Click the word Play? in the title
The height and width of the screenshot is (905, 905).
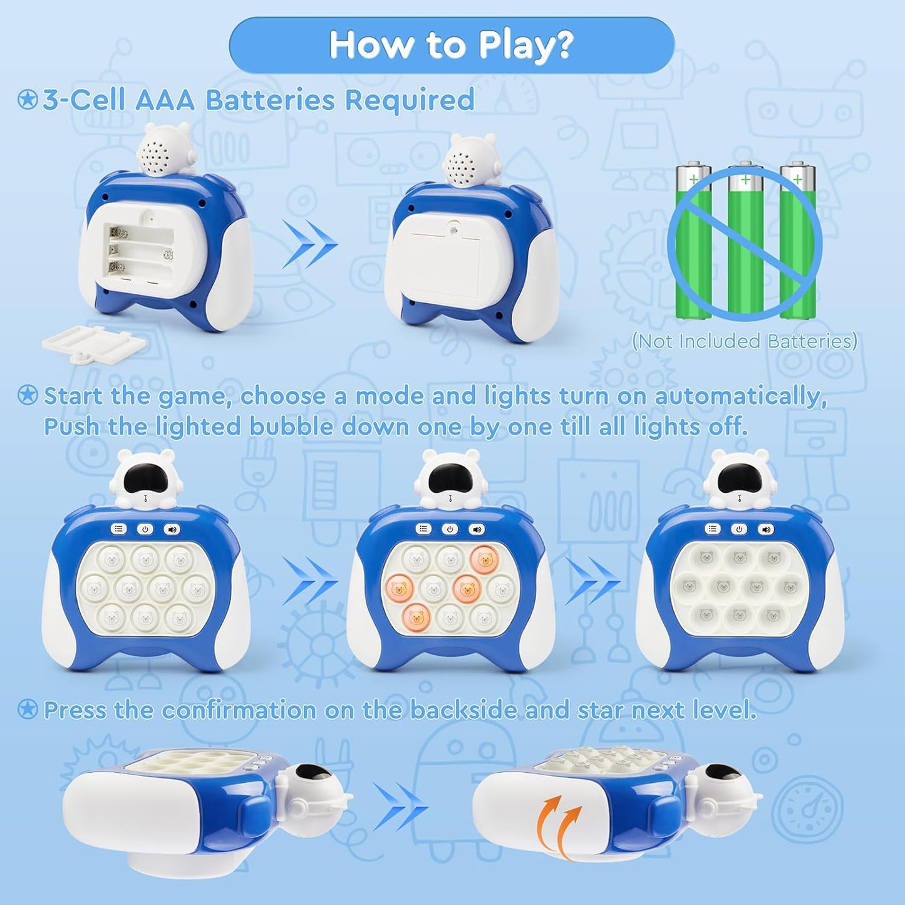click(x=525, y=45)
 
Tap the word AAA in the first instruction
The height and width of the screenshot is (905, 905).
click(x=165, y=100)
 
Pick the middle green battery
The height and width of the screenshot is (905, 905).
click(x=745, y=239)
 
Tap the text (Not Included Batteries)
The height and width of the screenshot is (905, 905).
click(x=744, y=341)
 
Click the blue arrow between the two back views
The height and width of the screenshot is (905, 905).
click(x=310, y=244)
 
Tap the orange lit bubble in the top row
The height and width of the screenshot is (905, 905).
click(x=485, y=559)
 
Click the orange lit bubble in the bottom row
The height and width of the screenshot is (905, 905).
click(x=416, y=617)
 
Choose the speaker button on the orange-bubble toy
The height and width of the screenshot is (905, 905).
click(x=476, y=529)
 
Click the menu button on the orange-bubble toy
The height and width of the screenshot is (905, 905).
click(x=423, y=529)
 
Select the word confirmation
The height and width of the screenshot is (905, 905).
click(x=239, y=710)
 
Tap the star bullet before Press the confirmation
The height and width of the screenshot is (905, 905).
click(x=27, y=709)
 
